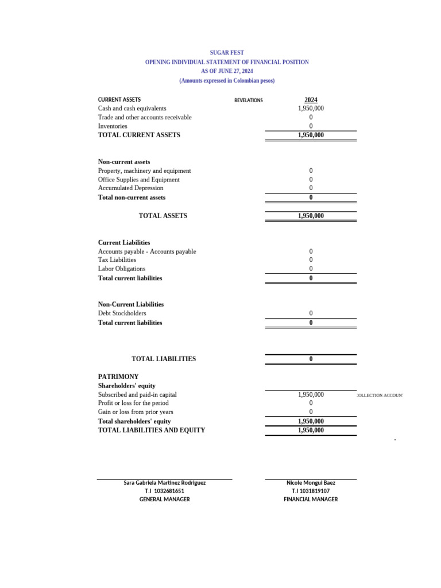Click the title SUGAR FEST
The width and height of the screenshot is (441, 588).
click(227, 52)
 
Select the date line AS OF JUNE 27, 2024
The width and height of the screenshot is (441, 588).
click(227, 71)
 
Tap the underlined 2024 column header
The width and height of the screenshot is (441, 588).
click(311, 100)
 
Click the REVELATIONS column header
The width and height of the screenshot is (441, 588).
click(249, 100)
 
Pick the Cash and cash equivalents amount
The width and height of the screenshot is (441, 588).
click(311, 108)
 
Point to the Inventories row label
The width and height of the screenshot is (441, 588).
click(113, 126)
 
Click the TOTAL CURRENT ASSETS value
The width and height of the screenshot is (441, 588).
click(311, 135)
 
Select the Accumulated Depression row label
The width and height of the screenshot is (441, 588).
click(130, 188)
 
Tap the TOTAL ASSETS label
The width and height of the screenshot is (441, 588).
click(163, 216)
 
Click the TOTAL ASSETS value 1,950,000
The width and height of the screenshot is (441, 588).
click(311, 216)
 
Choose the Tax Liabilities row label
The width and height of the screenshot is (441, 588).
click(117, 260)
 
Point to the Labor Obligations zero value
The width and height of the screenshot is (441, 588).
click(311, 269)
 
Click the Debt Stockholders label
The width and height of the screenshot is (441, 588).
click(122, 314)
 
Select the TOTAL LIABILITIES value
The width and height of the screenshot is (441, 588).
click(311, 359)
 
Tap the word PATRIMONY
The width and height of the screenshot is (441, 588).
click(118, 377)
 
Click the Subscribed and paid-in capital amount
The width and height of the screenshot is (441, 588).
click(311, 394)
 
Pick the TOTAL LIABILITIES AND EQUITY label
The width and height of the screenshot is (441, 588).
click(152, 430)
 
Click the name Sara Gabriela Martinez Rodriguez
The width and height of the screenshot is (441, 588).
click(165, 483)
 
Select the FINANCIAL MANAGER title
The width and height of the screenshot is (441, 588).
click(311, 500)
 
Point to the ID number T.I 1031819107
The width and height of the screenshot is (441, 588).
click(311, 491)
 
